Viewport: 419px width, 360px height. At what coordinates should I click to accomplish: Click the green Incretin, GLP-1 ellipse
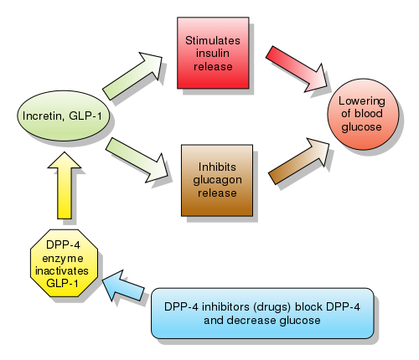click(63, 116)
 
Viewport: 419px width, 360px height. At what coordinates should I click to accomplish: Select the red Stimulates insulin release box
click(213, 53)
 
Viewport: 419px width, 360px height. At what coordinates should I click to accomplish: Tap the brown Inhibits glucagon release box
click(217, 180)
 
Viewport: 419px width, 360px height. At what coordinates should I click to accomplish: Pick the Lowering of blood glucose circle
click(363, 114)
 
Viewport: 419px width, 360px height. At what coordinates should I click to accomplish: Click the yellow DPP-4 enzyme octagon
click(64, 263)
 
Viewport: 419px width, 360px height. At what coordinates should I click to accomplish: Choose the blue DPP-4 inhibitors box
click(262, 313)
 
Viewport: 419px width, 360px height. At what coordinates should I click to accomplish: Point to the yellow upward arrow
click(65, 185)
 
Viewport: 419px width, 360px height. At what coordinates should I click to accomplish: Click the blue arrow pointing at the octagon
click(123, 285)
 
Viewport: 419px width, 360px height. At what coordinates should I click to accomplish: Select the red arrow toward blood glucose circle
click(297, 69)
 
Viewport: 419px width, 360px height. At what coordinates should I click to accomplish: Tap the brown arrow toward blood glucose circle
click(299, 161)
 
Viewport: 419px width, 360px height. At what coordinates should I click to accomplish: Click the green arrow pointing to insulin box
click(132, 75)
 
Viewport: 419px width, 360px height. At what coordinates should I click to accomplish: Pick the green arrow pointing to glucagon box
click(137, 160)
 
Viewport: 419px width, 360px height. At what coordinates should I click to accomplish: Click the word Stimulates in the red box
click(213, 40)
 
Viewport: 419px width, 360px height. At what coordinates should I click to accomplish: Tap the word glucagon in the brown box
click(217, 181)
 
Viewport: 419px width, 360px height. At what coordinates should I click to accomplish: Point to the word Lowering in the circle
click(362, 101)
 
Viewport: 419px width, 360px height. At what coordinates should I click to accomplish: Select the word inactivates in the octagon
click(62, 271)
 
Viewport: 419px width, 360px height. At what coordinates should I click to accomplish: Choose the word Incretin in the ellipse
click(43, 116)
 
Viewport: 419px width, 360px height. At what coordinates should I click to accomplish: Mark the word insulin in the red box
click(213, 53)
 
